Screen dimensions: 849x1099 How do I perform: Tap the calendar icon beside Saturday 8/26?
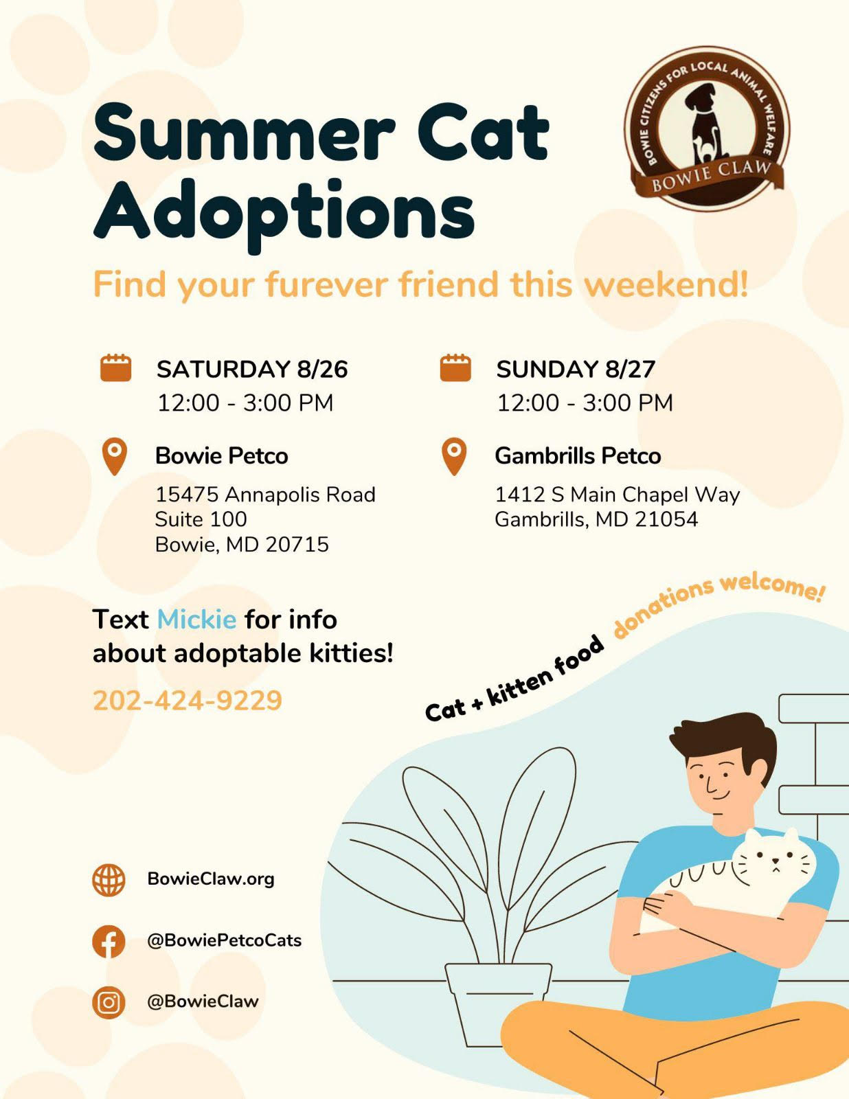coord(116,367)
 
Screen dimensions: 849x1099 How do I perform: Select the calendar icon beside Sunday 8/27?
coord(455,367)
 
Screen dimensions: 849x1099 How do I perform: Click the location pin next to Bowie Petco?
coord(115,456)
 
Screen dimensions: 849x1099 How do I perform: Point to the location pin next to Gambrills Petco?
coord(454,456)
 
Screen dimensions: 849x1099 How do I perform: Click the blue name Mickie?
coord(196,620)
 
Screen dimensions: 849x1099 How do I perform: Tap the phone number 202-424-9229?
coord(188,701)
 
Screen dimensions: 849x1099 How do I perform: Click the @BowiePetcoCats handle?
coord(225,941)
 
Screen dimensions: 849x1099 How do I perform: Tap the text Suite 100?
coord(201,519)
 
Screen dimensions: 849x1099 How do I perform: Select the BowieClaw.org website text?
coord(211,879)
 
